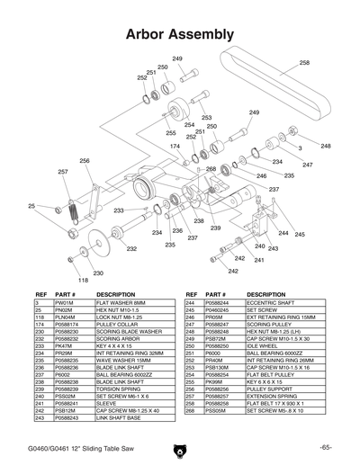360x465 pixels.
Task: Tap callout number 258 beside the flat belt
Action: (x=304, y=63)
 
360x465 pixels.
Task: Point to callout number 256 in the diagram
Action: (x=85, y=161)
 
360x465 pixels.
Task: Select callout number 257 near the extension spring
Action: (x=63, y=171)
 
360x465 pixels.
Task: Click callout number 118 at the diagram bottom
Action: (x=83, y=280)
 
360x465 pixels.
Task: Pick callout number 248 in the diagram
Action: (x=325, y=146)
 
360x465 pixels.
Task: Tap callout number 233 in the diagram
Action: (x=118, y=210)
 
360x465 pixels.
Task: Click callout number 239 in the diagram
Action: (x=216, y=228)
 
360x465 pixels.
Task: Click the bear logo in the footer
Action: (x=180, y=448)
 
